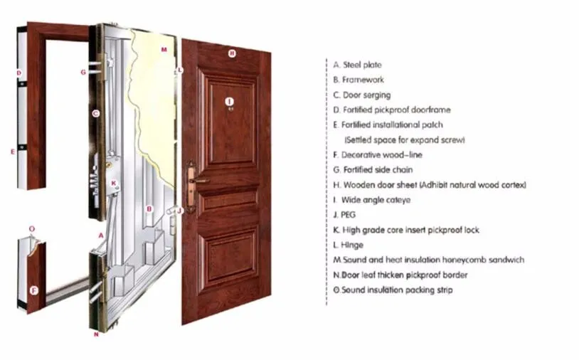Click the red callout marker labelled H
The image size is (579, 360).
pyautogui.click(x=231, y=53)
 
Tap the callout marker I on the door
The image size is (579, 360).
pyautogui.click(x=229, y=102)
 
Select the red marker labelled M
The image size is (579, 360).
pyautogui.click(x=164, y=50)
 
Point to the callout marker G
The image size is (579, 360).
pyautogui.click(x=83, y=72)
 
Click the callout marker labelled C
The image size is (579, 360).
pyautogui.click(x=95, y=113)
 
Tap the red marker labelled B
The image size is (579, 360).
pyautogui.click(x=149, y=208)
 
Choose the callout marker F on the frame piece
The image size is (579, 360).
pyautogui.click(x=33, y=290)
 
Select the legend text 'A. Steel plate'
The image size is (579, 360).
pyautogui.click(x=357, y=65)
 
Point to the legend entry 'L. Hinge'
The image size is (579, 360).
pyautogui.click(x=348, y=245)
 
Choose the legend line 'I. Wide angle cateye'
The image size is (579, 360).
pyautogui.click(x=371, y=200)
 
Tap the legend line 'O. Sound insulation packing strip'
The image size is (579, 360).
pyautogui.click(x=393, y=290)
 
